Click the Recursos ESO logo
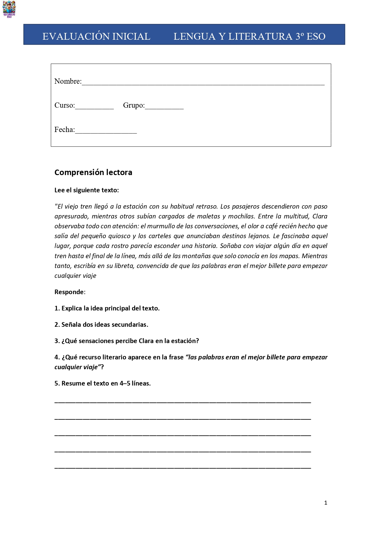click(9, 9)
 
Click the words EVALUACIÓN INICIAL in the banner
click(96, 36)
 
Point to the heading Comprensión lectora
click(93, 172)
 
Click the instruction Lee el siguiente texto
click(86, 190)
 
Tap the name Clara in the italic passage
click(320, 216)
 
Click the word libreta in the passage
click(124, 266)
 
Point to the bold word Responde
click(69, 292)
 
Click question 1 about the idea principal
click(107, 308)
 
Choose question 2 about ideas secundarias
click(101, 325)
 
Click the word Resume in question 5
click(71, 383)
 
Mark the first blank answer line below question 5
click(183, 402)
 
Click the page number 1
click(326, 503)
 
